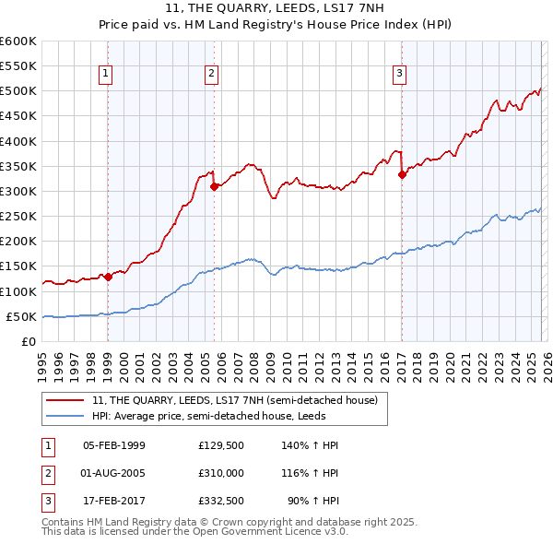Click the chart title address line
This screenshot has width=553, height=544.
276,10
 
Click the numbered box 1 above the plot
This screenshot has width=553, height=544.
107,75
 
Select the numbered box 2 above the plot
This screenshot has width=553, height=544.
212,75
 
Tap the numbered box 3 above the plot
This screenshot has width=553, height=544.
400,75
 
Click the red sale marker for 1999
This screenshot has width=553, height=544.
108,276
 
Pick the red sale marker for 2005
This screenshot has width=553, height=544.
214,186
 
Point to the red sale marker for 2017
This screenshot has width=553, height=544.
402,174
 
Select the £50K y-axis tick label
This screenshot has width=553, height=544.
21,316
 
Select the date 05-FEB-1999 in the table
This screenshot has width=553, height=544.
114,445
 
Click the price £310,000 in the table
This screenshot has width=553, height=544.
220,473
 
